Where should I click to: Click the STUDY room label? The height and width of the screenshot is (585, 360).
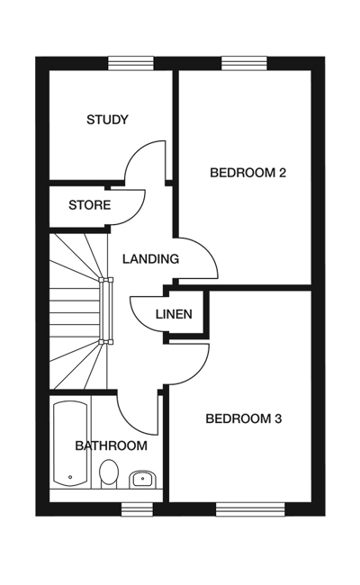tap(107, 120)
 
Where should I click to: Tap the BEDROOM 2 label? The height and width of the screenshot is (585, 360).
tap(247, 173)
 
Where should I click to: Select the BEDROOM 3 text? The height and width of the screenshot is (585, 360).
tap(244, 418)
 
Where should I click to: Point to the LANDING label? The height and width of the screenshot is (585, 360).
tap(150, 258)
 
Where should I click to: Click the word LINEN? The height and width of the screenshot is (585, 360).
tap(174, 314)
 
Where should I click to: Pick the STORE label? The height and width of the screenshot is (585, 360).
tap(89, 205)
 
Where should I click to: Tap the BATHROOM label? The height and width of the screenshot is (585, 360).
tap(112, 445)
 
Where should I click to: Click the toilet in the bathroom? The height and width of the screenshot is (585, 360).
tap(109, 473)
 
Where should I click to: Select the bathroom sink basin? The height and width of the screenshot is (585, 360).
tap(144, 479)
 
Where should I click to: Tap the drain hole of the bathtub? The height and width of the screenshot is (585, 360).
tap(70, 477)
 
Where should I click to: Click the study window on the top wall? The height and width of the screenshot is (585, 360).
tap(130, 63)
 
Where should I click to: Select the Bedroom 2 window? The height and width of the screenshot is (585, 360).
tap(245, 63)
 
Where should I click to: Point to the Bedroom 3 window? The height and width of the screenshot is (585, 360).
tap(250, 509)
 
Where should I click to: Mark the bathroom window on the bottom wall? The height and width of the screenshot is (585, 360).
tap(137, 509)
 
